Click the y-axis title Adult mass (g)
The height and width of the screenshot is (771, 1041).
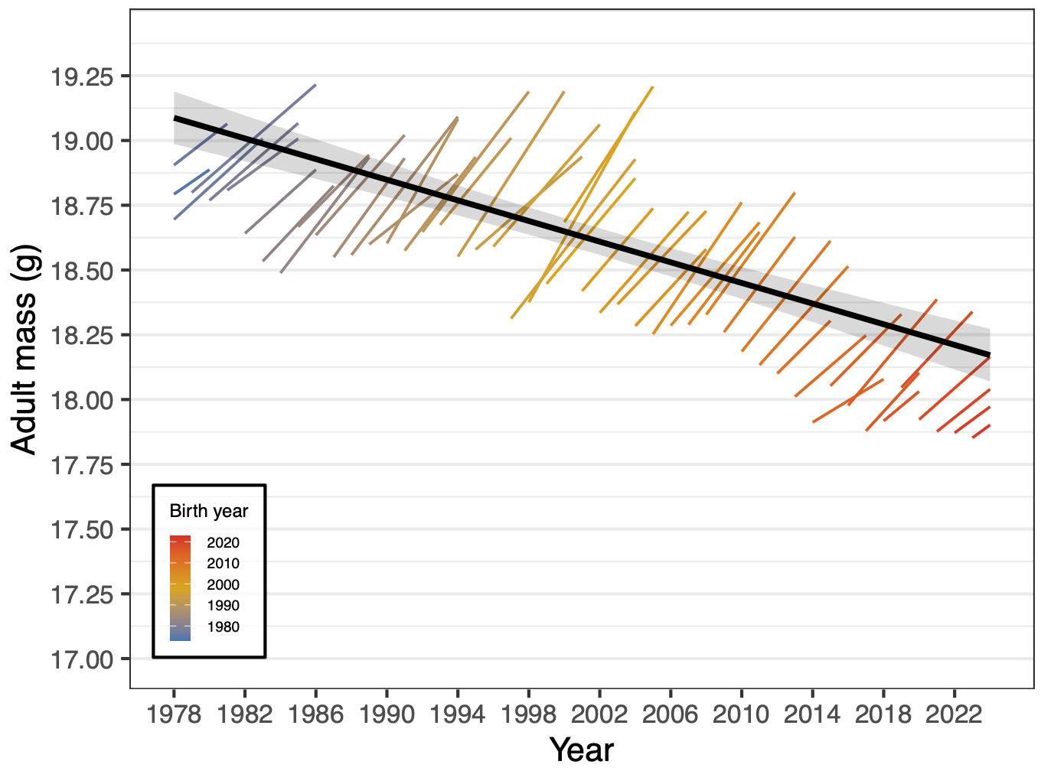24,350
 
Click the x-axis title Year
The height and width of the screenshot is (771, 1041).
582,750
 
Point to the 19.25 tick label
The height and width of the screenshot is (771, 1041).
81,76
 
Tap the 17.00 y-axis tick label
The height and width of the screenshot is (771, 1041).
81,659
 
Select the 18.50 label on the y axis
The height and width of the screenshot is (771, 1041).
81,271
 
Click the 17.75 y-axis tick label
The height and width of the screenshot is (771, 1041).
81,465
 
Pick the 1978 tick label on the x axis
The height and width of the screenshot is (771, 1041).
174,714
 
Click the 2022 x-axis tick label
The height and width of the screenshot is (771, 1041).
954,714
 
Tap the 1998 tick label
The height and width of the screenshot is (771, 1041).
528,714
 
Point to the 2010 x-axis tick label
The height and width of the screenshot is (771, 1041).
741,714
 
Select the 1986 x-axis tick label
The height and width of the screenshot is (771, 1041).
315,714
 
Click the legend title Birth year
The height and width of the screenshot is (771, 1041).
209,511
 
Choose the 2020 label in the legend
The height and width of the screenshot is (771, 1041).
223,543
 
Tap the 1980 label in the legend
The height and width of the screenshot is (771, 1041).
223,627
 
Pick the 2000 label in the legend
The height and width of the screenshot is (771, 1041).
223,585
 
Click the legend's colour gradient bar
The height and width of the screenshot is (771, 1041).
180,587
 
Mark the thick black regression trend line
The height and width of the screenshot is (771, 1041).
582,237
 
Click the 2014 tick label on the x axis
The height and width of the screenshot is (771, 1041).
812,714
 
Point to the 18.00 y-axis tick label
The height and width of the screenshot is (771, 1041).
81,400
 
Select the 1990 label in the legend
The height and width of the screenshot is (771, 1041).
223,606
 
